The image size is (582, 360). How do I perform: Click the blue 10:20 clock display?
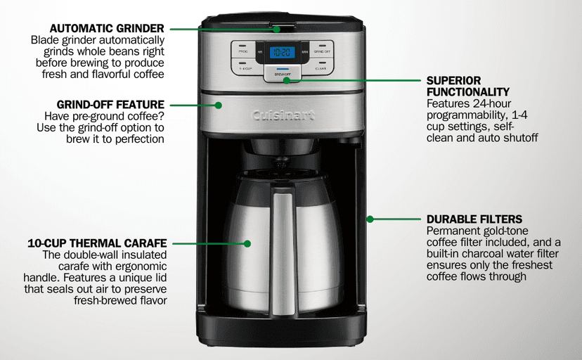point(283,51)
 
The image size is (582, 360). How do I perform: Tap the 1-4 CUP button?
point(244,66)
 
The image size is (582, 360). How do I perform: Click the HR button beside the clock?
point(261,51)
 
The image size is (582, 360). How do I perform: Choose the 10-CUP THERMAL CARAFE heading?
point(97,243)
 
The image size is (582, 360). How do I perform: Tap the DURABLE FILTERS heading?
point(474,219)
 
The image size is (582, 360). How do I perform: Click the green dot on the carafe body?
point(247,244)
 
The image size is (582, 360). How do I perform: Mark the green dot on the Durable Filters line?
point(370,219)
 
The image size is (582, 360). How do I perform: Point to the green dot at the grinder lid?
point(278,29)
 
